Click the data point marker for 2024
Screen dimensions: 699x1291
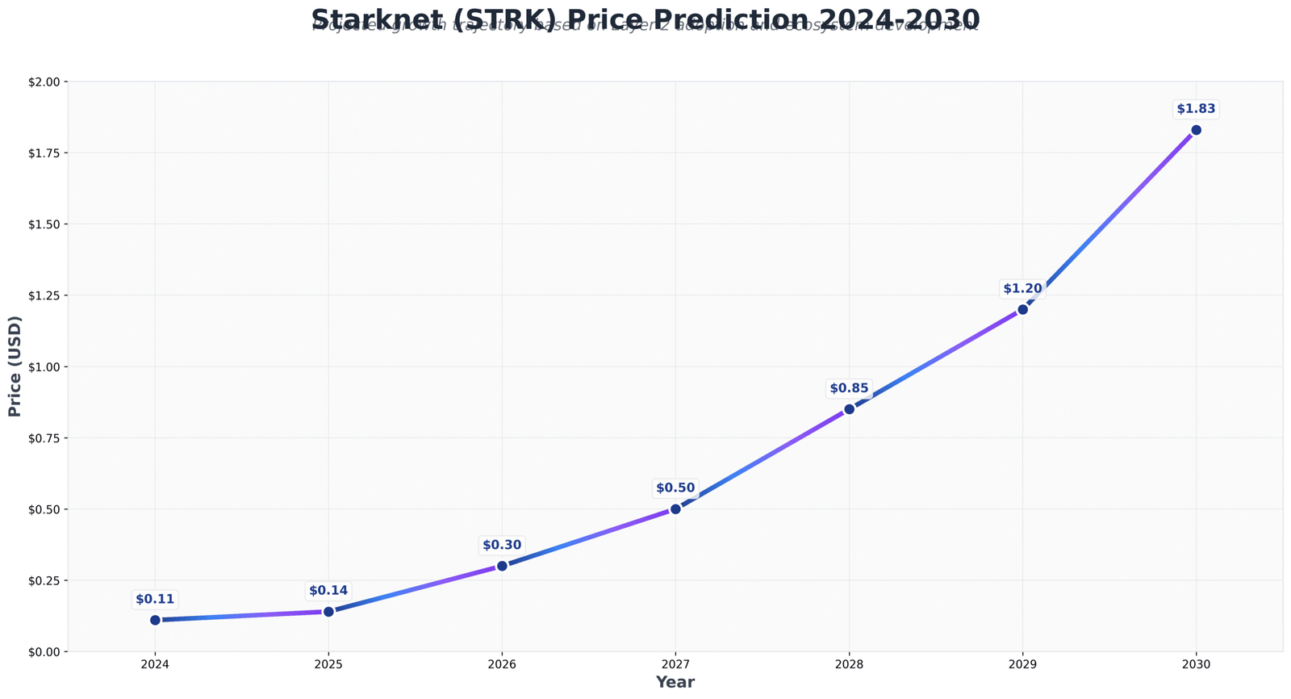(x=155, y=620)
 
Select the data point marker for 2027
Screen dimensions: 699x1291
(x=675, y=509)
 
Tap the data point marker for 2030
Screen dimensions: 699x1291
(x=1196, y=130)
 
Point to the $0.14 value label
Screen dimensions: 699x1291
(x=328, y=591)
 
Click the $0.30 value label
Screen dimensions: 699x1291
(x=502, y=546)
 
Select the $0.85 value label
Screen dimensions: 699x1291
(x=849, y=388)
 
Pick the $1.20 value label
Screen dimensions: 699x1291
(x=1022, y=289)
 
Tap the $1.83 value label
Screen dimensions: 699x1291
(x=1196, y=109)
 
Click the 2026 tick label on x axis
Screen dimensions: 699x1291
(x=502, y=664)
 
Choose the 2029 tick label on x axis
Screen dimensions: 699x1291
(x=1022, y=664)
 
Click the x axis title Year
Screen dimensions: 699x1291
(x=675, y=683)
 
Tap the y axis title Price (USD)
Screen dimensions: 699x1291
(x=15, y=366)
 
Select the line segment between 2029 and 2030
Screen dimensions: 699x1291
(x=1109, y=220)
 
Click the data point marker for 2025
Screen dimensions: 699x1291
(x=328, y=611)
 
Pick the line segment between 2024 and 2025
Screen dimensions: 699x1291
(x=242, y=616)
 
